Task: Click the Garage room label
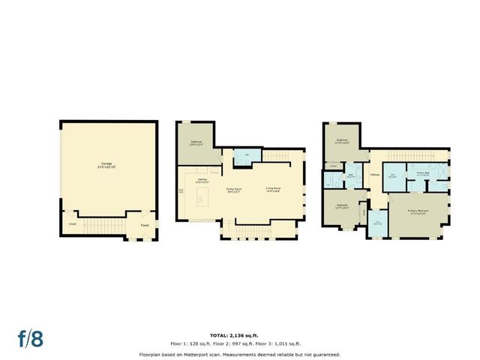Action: click(108, 164)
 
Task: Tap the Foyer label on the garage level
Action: click(143, 223)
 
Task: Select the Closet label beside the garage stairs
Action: click(73, 223)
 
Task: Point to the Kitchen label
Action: click(202, 181)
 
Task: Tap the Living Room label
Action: click(272, 190)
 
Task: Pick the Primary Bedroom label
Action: click(418, 212)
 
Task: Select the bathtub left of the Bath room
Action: click(328, 181)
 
